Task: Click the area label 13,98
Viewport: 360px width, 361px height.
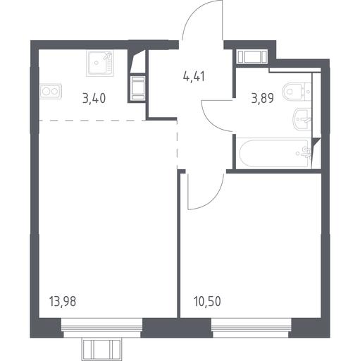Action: [x=63, y=302]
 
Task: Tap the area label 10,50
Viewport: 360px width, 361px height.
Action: [x=207, y=302]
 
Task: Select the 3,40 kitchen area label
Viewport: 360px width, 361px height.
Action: [x=94, y=98]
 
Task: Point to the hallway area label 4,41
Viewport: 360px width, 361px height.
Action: [x=194, y=76]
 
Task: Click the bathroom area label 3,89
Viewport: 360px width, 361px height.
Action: [x=262, y=98]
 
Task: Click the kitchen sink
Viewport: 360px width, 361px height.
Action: [x=100, y=63]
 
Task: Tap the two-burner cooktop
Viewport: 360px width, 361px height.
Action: [x=51, y=91]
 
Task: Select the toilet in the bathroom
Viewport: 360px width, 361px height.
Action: [x=297, y=92]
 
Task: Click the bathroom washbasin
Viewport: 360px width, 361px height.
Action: [x=302, y=119]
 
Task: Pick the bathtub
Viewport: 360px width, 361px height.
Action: [x=274, y=154]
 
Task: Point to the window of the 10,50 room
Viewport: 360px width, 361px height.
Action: [x=252, y=328]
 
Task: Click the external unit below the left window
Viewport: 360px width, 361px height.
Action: [x=102, y=350]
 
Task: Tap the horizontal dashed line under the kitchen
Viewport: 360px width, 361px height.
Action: [x=92, y=121]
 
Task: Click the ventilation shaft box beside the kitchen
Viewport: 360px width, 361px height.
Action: [x=138, y=88]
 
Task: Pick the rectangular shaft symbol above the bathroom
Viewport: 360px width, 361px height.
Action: [x=252, y=56]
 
